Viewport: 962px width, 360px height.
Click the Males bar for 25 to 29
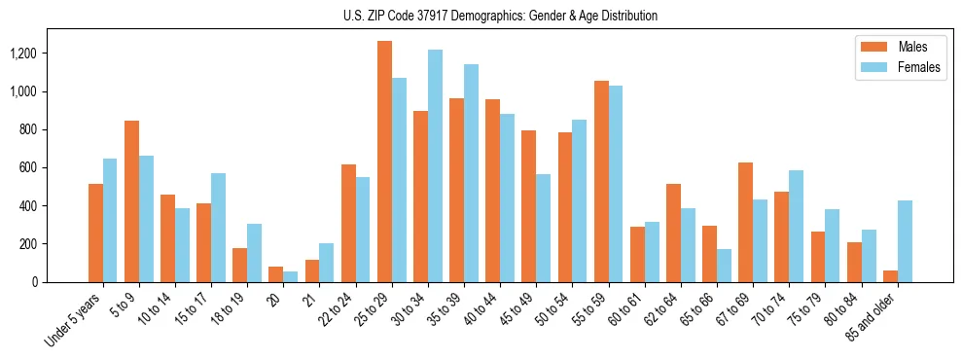pos(384,162)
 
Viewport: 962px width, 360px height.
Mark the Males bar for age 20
pos(276,274)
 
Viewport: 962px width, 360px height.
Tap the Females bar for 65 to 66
pos(724,266)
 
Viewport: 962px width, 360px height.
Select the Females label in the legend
pos(919,67)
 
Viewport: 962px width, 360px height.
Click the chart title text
pos(500,16)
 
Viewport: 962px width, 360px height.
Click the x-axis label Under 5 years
pos(73,317)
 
